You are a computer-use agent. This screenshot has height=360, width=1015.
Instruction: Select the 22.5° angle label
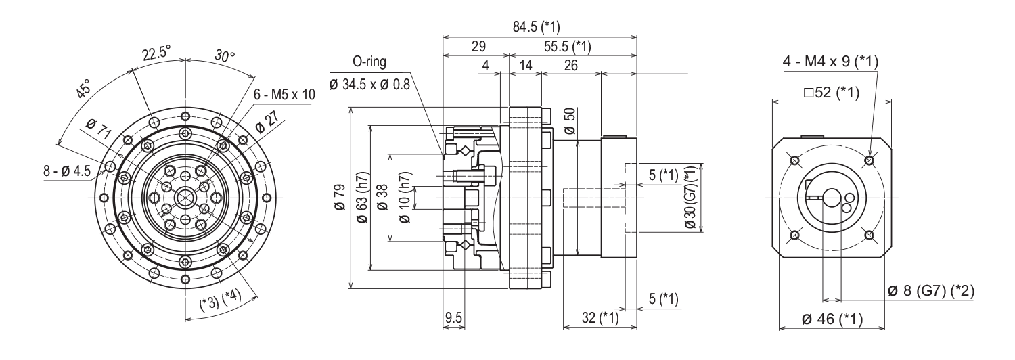point(156,54)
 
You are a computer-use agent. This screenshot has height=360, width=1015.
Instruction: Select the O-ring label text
point(369,62)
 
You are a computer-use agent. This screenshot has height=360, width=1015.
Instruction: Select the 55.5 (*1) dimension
point(567,47)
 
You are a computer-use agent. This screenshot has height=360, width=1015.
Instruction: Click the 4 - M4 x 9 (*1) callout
point(830,62)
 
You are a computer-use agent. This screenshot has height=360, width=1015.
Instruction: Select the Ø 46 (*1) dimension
point(832,319)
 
